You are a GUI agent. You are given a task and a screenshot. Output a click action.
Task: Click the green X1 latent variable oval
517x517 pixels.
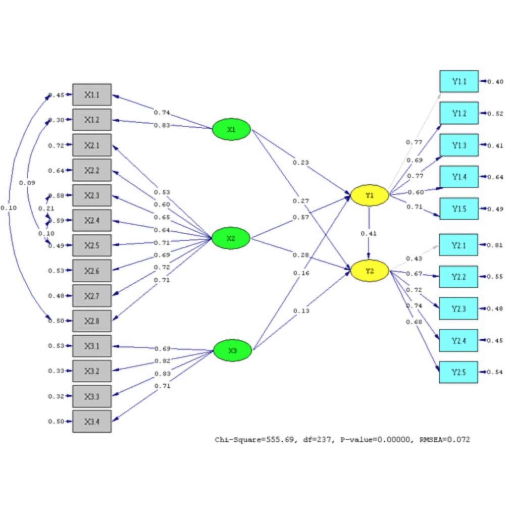click(x=231, y=129)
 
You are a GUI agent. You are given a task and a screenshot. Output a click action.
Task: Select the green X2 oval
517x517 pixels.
click(x=231, y=238)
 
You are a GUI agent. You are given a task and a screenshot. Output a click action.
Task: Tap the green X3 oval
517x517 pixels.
click(x=232, y=350)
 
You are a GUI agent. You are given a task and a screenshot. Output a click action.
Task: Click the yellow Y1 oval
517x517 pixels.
click(x=370, y=195)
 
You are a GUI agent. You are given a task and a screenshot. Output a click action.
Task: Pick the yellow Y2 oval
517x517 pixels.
click(x=370, y=271)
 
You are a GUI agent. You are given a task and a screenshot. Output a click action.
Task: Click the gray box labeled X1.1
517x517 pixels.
click(x=92, y=94)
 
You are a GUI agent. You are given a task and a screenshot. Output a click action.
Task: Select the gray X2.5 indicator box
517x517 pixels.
click(x=92, y=245)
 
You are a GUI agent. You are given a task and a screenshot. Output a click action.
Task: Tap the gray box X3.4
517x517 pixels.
click(x=92, y=421)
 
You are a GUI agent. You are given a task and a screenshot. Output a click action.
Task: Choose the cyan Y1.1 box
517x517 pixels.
click(x=458, y=81)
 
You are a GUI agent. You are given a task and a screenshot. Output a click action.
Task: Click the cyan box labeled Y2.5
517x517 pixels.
click(x=458, y=372)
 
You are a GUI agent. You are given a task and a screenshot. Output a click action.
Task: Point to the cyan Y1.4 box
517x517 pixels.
click(x=458, y=177)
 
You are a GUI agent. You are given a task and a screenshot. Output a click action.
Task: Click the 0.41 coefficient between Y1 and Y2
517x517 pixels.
click(x=368, y=233)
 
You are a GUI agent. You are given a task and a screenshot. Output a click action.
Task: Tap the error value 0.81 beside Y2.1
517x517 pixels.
click(x=496, y=245)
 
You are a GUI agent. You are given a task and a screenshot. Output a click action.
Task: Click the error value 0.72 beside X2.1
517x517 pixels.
click(x=56, y=145)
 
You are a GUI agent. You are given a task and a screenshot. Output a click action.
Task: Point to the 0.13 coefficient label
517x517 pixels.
click(x=301, y=311)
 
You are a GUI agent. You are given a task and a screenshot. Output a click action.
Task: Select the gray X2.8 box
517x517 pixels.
click(x=92, y=321)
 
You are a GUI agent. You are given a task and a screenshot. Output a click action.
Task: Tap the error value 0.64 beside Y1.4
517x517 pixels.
click(x=496, y=177)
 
